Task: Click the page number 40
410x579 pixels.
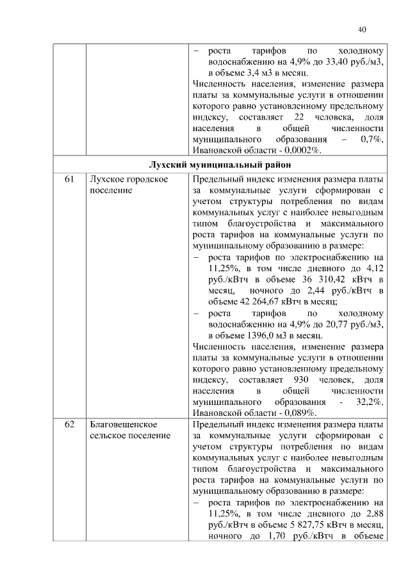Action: pyautogui.click(x=362, y=29)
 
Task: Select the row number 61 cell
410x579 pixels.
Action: pyautogui.click(x=69, y=180)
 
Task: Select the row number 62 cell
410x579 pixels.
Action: pyautogui.click(x=69, y=425)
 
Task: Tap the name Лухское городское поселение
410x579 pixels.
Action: pyautogui.click(x=129, y=186)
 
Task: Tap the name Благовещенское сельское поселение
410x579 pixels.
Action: pyautogui.click(x=130, y=431)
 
